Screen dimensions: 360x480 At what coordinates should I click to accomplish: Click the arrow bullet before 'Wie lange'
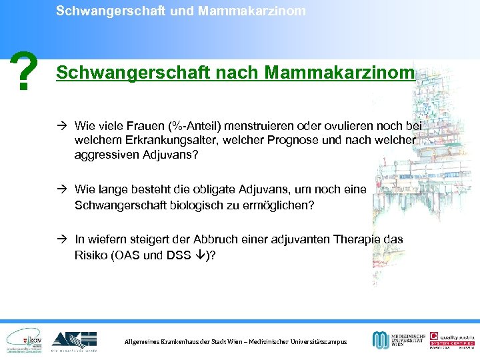click(62, 189)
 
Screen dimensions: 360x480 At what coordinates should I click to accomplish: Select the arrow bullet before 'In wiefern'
click(62, 239)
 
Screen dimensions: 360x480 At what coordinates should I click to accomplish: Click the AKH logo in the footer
click(75, 339)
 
